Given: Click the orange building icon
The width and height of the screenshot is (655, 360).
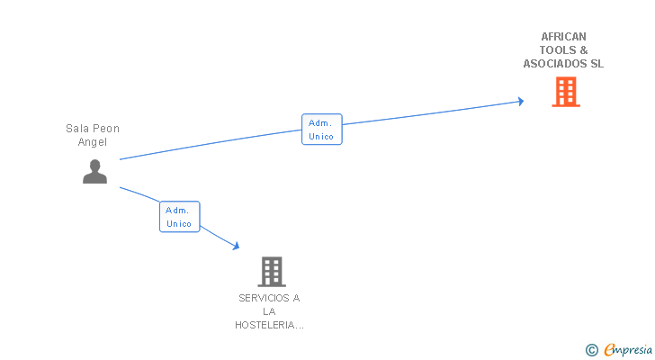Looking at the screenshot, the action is pyautogui.click(x=565, y=92).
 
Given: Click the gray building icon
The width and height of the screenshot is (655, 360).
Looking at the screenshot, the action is pyautogui.click(x=271, y=271).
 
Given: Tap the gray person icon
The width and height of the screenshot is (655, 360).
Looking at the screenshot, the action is pyautogui.click(x=94, y=171).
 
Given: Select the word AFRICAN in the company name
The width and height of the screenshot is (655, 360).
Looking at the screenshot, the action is pyautogui.click(x=563, y=37).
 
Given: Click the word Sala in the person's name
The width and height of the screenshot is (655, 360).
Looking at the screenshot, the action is pyautogui.click(x=77, y=129).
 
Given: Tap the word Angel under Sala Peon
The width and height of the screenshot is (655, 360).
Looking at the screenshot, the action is pyautogui.click(x=93, y=142).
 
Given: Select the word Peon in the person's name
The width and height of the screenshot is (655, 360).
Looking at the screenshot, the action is pyautogui.click(x=106, y=129).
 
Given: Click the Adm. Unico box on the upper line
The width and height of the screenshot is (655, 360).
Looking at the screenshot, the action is pyautogui.click(x=321, y=130).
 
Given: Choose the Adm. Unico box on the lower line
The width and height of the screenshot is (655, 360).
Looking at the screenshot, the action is pyautogui.click(x=179, y=217).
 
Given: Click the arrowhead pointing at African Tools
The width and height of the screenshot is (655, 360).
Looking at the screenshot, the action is pyautogui.click(x=519, y=101).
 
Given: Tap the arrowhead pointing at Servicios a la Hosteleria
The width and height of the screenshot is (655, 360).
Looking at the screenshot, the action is pyautogui.click(x=236, y=246).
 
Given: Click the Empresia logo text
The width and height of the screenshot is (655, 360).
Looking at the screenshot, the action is pyautogui.click(x=628, y=350).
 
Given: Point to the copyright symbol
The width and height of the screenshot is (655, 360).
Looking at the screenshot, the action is pyautogui.click(x=591, y=350).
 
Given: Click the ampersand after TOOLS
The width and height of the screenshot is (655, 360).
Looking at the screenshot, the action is pyautogui.click(x=584, y=50).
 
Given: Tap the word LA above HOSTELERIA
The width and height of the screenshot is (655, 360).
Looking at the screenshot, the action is pyautogui.click(x=269, y=311).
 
